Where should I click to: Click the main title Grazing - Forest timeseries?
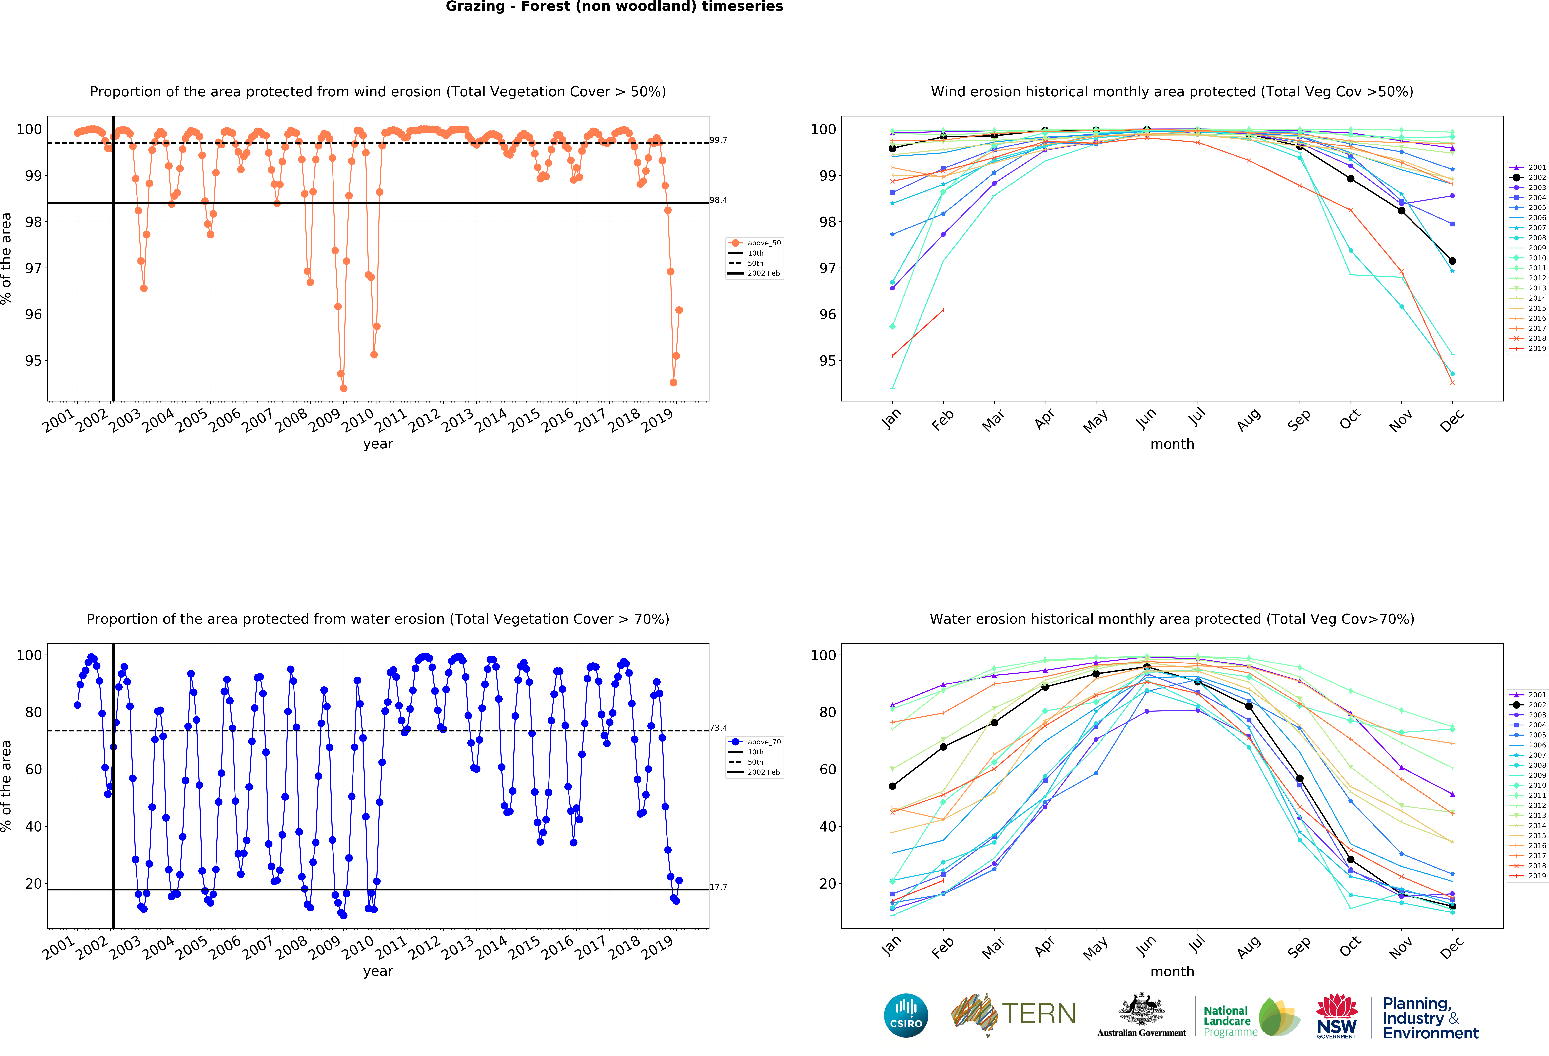coord(614,7)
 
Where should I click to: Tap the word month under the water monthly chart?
coord(1172,971)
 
